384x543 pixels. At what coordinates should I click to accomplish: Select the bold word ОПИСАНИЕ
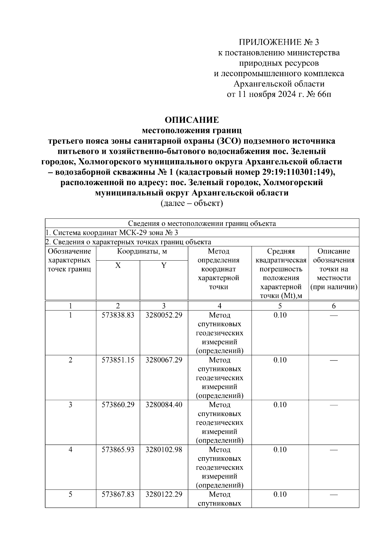point(192,120)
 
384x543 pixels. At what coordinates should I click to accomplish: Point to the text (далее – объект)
point(192,203)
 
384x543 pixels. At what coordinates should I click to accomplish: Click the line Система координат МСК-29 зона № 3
point(114,232)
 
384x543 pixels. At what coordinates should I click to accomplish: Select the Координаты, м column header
point(142,251)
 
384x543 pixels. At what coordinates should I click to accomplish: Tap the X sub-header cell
point(118,265)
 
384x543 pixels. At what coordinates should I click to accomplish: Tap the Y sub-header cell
point(164,265)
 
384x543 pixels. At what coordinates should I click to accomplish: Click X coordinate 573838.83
point(118,315)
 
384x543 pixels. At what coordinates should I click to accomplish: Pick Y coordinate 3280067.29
point(164,360)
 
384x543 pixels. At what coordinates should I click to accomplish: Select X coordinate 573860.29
point(118,405)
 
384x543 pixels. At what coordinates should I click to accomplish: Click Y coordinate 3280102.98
point(164,450)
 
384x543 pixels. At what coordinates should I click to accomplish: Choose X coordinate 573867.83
point(118,494)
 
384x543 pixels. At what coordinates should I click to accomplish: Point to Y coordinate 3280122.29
point(164,494)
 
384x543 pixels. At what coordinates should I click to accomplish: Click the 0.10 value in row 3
point(280,405)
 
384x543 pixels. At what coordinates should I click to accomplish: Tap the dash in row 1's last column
point(334,315)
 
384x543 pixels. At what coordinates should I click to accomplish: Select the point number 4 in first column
point(70,450)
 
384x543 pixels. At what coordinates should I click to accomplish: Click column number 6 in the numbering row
point(334,306)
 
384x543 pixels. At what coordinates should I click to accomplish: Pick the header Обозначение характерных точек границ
point(70,260)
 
